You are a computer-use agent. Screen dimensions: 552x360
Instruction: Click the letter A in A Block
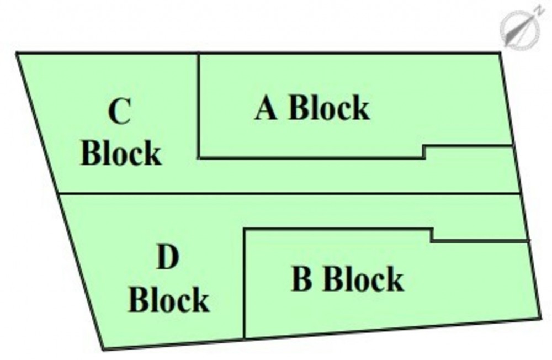point(266,108)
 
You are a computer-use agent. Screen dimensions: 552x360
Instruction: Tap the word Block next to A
point(329,108)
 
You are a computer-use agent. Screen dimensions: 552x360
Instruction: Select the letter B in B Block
point(302,279)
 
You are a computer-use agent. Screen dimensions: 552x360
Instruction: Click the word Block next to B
point(363,279)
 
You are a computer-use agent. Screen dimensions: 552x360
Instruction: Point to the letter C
point(119,111)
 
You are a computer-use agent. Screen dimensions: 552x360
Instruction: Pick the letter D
point(168,257)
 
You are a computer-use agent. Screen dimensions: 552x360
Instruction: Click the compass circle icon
point(519,30)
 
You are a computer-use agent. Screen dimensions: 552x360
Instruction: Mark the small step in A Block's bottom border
point(424,151)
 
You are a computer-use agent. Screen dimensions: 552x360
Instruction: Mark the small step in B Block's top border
point(432,235)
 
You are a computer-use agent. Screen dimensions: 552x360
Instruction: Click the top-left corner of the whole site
point(17,53)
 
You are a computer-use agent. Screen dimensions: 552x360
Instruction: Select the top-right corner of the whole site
point(500,53)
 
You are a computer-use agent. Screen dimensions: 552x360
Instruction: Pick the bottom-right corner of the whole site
point(540,318)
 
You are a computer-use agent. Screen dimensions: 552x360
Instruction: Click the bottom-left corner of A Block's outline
point(199,158)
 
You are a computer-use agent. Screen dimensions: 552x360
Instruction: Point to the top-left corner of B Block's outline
point(244,230)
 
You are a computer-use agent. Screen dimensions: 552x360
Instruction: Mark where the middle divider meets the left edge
point(59,193)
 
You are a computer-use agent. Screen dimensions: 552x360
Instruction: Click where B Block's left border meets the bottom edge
point(243,338)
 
